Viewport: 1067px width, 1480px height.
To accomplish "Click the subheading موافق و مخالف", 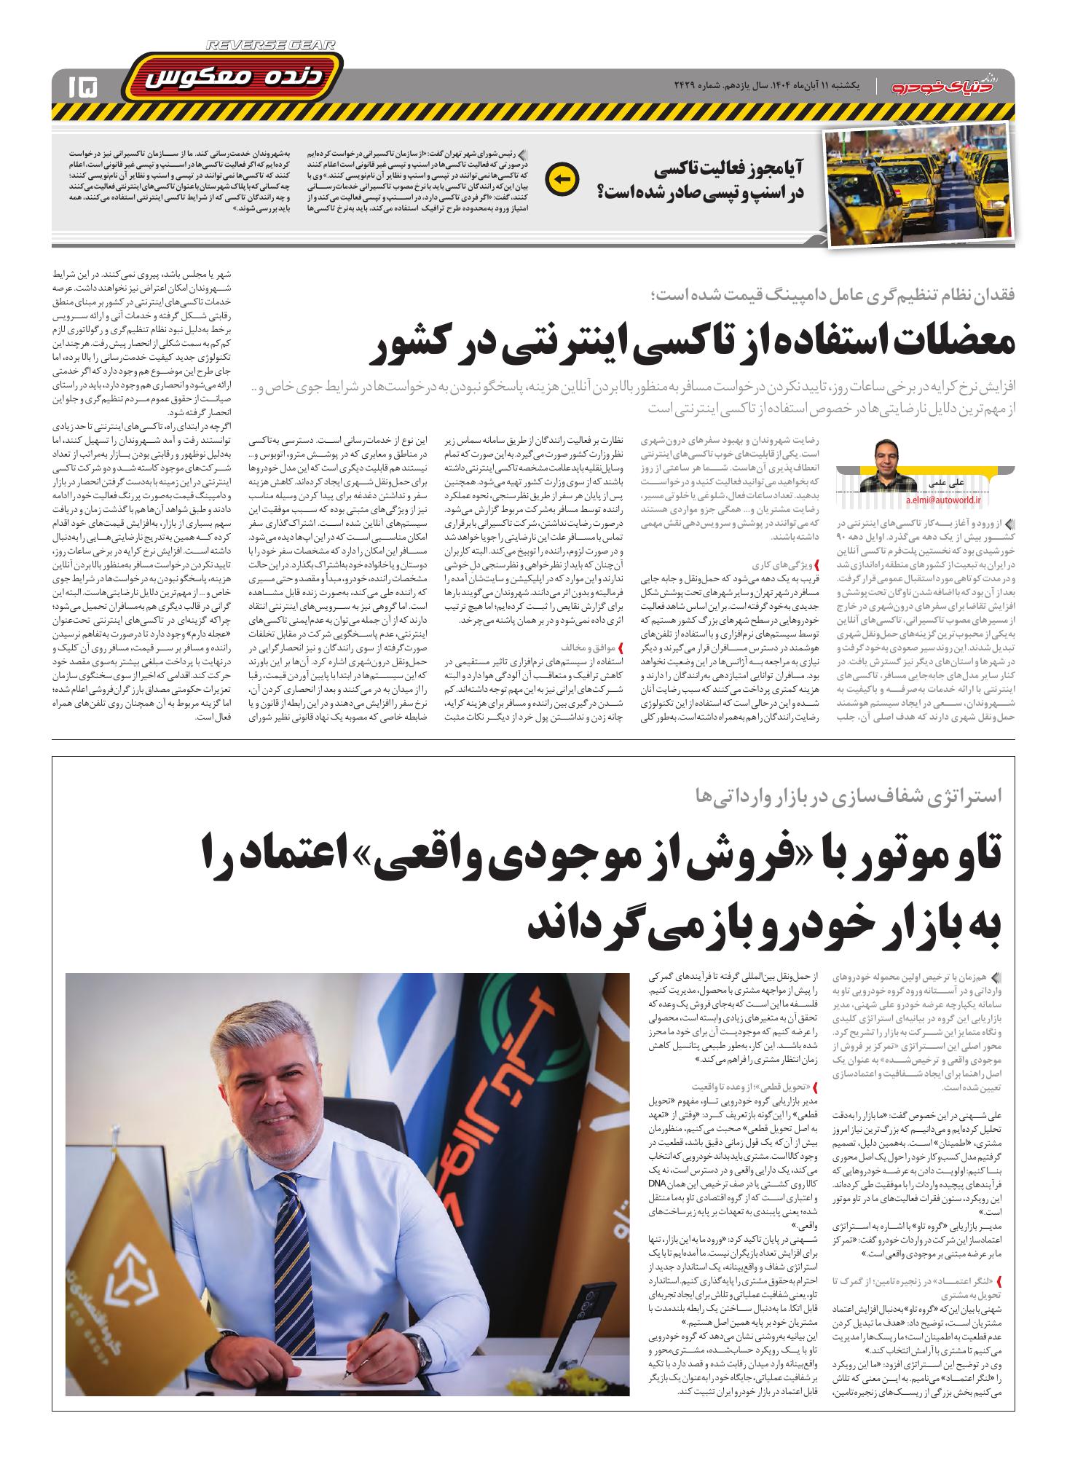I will point(587,647).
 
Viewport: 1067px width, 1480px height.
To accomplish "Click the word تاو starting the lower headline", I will point(961,861).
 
